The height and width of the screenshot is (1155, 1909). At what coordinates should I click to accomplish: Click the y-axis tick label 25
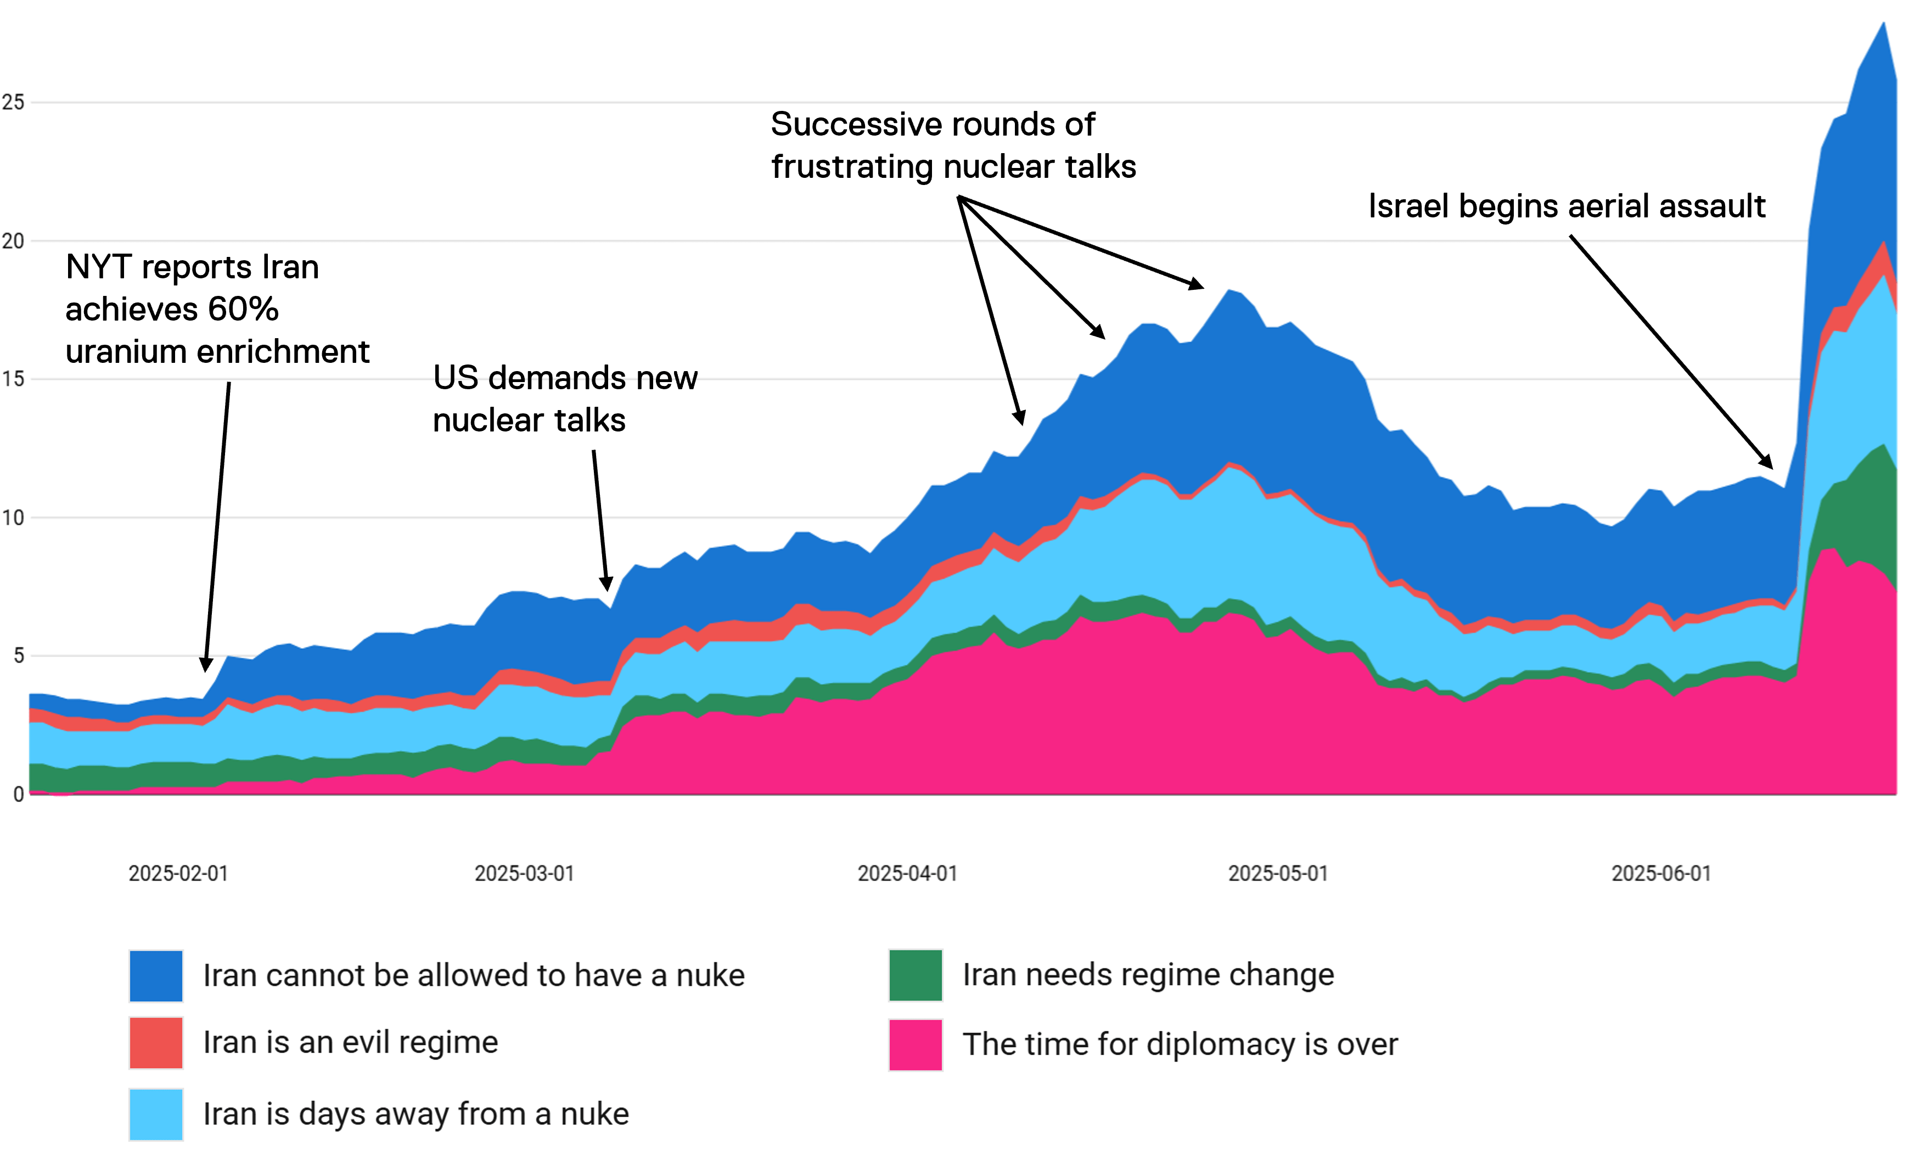13,102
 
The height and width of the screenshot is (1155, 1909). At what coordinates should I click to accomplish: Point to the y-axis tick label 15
13,379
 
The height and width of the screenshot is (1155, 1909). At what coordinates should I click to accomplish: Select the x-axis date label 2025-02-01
178,873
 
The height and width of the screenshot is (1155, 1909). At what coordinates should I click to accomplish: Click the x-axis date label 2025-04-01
907,873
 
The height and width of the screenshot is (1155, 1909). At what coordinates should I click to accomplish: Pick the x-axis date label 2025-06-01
1661,873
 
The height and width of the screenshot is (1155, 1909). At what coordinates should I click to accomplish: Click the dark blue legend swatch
156,976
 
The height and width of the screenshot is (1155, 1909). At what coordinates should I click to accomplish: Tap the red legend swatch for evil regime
156,1042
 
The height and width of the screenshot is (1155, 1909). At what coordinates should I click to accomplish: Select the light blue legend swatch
156,1114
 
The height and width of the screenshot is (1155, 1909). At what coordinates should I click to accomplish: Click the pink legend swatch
916,1044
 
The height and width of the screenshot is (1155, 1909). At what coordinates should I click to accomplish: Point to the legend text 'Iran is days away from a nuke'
416,1114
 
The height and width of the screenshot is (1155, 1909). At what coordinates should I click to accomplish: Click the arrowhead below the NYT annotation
205,666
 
